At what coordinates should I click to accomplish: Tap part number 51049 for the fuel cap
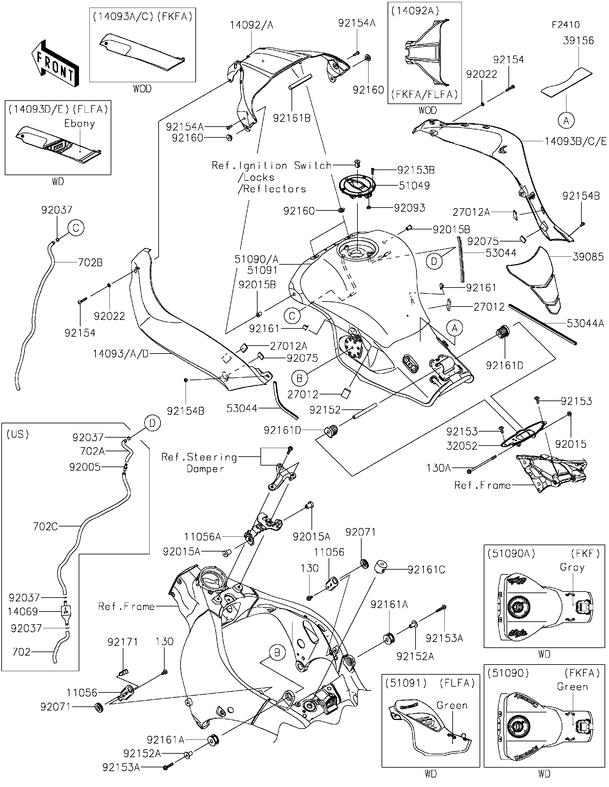tap(414, 186)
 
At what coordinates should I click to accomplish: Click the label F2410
tap(566, 24)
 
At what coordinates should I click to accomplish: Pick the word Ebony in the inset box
tap(80, 123)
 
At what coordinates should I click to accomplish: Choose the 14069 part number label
tap(23, 611)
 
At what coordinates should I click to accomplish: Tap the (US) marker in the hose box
tap(18, 434)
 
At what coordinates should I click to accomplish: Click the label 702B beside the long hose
tap(90, 262)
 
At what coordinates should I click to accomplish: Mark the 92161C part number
tap(426, 569)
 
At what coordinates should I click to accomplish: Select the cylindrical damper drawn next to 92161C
tap(381, 566)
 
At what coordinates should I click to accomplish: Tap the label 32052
tap(462, 446)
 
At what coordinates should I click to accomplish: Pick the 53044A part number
tap(585, 323)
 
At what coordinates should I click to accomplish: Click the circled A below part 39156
tap(566, 121)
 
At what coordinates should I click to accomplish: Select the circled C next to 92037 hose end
tap(75, 228)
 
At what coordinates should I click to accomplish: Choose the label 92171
tap(122, 641)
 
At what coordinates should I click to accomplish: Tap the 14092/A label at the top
tap(252, 25)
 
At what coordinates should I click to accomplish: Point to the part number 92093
tap(409, 208)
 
